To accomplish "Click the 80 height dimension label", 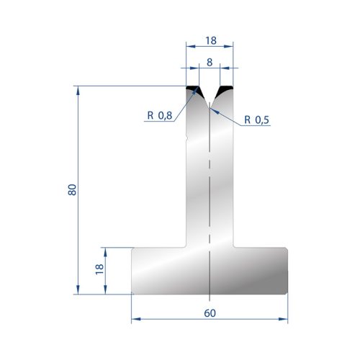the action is (x=72, y=189).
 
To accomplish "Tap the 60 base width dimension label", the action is (x=210, y=313).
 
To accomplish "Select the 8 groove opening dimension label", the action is (x=210, y=63).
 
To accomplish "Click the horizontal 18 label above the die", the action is (x=211, y=40).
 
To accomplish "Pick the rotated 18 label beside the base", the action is (x=99, y=269).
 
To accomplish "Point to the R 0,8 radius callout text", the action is (x=160, y=115).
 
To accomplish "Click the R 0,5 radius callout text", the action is (x=256, y=120).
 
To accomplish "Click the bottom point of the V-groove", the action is (x=210, y=108).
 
